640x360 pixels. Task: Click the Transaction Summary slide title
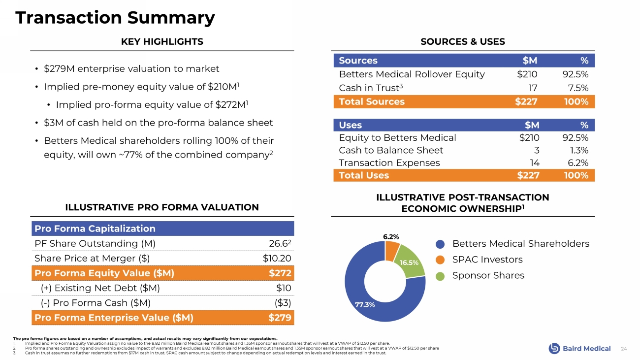click(115, 18)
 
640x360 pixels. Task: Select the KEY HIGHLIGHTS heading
click(162, 42)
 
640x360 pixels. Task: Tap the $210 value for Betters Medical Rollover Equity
click(527, 74)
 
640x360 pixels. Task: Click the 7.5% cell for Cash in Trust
click(578, 88)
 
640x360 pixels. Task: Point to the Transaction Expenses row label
click(389, 163)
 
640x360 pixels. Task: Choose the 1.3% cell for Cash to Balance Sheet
click(579, 150)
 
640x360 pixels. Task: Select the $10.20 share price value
click(277, 258)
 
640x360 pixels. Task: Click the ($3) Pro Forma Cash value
click(283, 302)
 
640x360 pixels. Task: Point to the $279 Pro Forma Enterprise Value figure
click(281, 317)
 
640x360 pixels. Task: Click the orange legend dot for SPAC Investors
click(441, 260)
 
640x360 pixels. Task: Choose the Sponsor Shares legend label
click(488, 275)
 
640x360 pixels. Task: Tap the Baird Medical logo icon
click(554, 348)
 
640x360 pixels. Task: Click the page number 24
click(624, 349)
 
